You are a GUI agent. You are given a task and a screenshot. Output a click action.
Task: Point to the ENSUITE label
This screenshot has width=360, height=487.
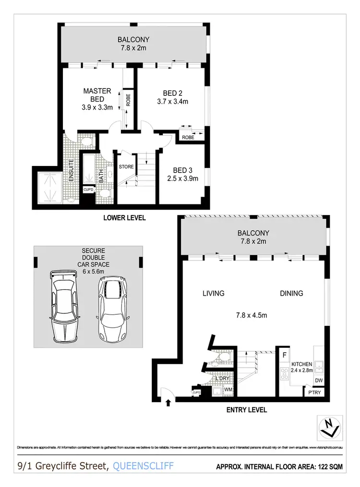[71, 167]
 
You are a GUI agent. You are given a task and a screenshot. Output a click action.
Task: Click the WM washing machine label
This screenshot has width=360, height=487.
[229, 390]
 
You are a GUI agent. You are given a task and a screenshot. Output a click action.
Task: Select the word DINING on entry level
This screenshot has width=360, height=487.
[291, 293]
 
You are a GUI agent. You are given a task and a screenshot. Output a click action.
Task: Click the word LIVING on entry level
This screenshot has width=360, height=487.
[213, 293]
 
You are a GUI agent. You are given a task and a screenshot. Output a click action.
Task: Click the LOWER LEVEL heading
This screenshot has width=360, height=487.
[124, 218]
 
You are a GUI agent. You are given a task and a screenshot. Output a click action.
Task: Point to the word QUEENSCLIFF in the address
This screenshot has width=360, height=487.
[143, 465]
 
